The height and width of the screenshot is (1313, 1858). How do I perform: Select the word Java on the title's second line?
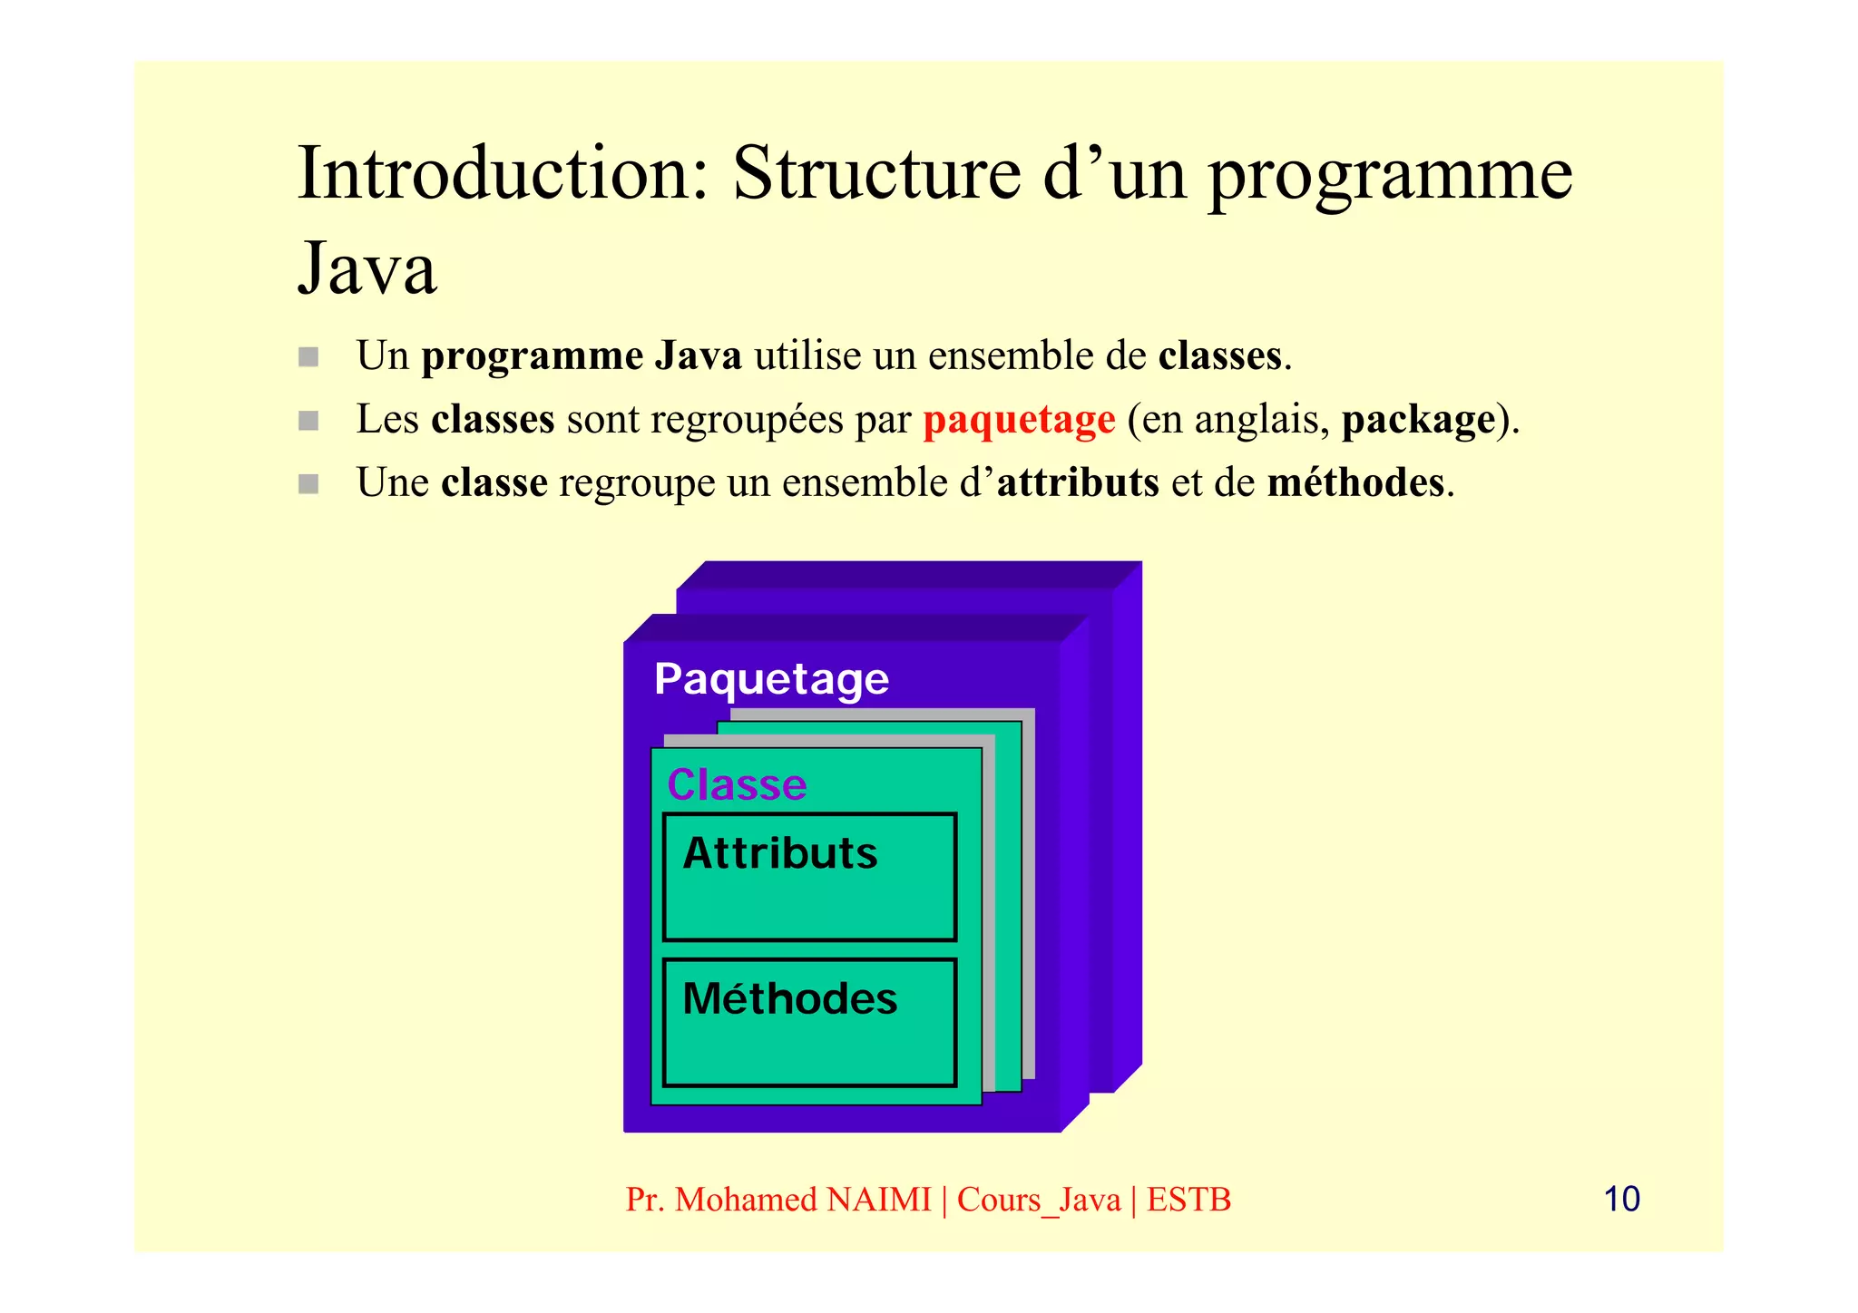pyautogui.click(x=367, y=268)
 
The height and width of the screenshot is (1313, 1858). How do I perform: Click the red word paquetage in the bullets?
pyautogui.click(x=1019, y=420)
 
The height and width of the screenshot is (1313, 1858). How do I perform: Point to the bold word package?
pyautogui.click(x=1418, y=420)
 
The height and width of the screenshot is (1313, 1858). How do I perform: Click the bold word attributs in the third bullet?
pyautogui.click(x=1077, y=482)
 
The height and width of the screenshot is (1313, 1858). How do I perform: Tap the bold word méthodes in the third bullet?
pyautogui.click(x=1355, y=482)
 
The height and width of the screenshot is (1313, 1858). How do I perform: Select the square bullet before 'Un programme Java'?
pyautogui.click(x=308, y=356)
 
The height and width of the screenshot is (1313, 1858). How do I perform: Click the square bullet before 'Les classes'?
pyautogui.click(x=308, y=420)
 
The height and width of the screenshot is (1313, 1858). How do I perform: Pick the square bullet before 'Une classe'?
pyautogui.click(x=308, y=483)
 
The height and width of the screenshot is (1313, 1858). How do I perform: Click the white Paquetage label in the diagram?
pyautogui.click(x=771, y=679)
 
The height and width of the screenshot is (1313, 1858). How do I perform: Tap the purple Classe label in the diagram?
pyautogui.click(x=737, y=784)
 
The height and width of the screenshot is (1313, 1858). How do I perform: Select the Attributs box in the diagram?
pyautogui.click(x=809, y=877)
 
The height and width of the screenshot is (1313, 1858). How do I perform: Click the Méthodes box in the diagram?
pyautogui.click(x=809, y=1022)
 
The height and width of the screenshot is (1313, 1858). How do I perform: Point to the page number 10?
pyautogui.click(x=1621, y=1199)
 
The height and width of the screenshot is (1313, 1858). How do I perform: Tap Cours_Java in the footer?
pyautogui.click(x=1039, y=1200)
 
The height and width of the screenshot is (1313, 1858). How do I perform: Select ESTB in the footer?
pyautogui.click(x=1188, y=1200)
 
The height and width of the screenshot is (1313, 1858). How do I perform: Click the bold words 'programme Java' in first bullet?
pyautogui.click(x=582, y=356)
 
